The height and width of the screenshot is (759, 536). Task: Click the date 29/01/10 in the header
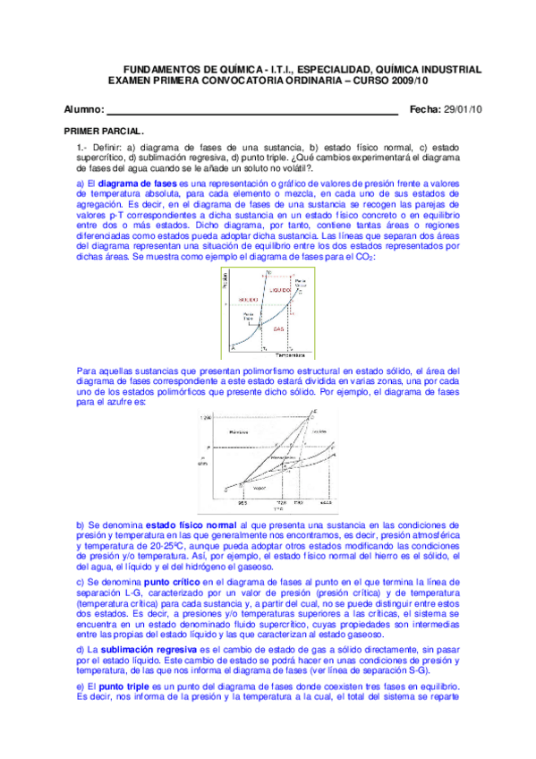[x=463, y=110]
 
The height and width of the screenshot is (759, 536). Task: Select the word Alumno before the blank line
[x=83, y=110]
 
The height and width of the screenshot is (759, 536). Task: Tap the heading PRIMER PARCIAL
[x=91, y=132]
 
